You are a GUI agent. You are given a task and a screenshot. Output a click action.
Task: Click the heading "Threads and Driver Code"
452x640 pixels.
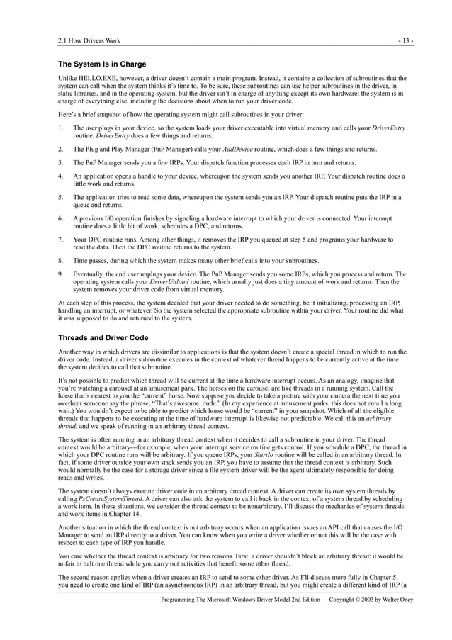click(103, 338)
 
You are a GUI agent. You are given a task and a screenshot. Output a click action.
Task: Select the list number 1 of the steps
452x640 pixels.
click(61, 128)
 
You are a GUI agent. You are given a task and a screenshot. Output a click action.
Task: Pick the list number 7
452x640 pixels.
click(61, 240)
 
